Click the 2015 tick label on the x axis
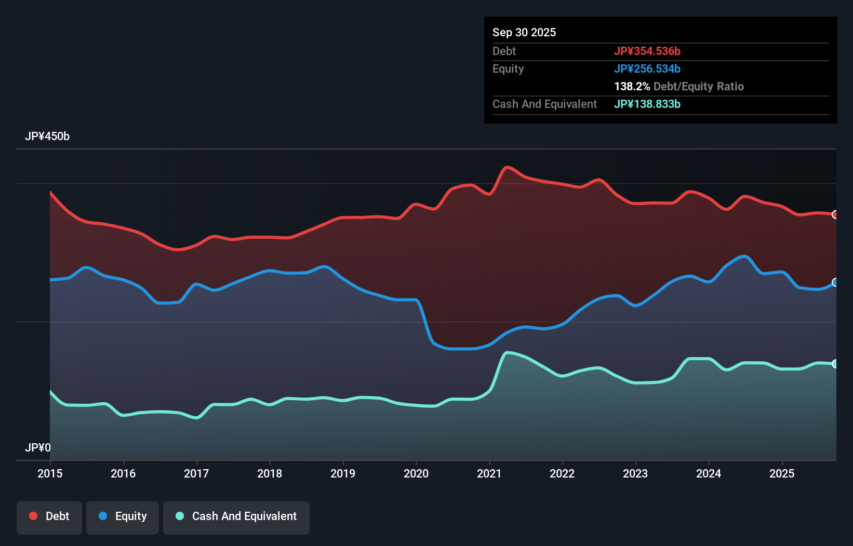pyautogui.click(x=50, y=473)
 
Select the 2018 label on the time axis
pyautogui.click(x=270, y=473)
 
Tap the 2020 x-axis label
pyautogui.click(x=416, y=473)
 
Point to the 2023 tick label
pyautogui.click(x=635, y=473)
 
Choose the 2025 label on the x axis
pyautogui.click(x=782, y=473)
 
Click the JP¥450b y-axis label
pyautogui.click(x=47, y=136)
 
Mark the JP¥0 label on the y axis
pyautogui.click(x=38, y=447)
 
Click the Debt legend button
pyautogui.click(x=49, y=516)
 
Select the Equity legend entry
pyautogui.click(x=123, y=516)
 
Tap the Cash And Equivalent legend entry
pyautogui.click(x=236, y=516)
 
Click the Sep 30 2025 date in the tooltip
pyautogui.click(x=524, y=32)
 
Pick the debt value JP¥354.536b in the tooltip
pyautogui.click(x=647, y=51)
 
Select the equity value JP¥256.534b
pyautogui.click(x=647, y=69)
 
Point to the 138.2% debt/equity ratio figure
pyautogui.click(x=632, y=86)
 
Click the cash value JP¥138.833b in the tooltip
pyautogui.click(x=647, y=104)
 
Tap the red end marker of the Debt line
pyautogui.click(x=835, y=214)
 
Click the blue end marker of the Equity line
pyautogui.click(x=835, y=282)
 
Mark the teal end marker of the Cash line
pyautogui.click(x=835, y=364)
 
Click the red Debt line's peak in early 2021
pyautogui.click(x=507, y=167)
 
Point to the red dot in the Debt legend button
pyautogui.click(x=33, y=516)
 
